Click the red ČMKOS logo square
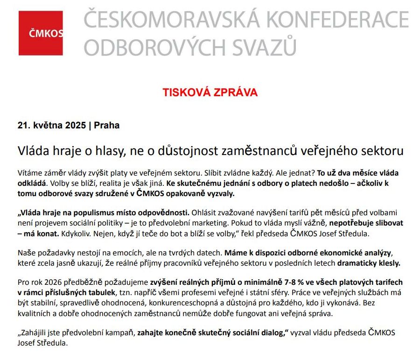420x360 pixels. coord(40,33)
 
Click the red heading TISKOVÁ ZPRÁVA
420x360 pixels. coord(210,92)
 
